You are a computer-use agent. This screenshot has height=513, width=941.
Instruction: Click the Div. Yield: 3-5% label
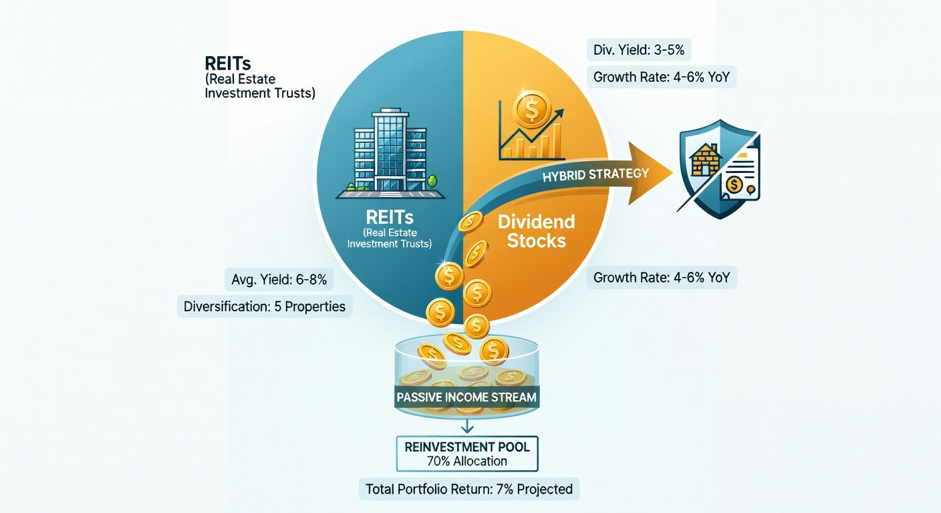point(638,50)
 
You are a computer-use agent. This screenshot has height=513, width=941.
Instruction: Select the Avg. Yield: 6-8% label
point(279,280)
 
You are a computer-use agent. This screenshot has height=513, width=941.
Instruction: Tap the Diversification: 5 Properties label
point(265,307)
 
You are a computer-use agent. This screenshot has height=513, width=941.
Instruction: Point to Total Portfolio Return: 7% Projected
point(469,489)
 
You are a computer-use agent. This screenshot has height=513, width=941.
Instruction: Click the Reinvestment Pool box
point(467,454)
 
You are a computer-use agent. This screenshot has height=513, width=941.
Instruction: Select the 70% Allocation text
point(467,462)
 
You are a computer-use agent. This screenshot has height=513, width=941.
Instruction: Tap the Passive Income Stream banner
point(466,397)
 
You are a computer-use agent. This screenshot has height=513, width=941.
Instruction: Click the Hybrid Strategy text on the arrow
point(595,174)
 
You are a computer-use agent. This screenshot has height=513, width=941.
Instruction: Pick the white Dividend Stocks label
point(537,231)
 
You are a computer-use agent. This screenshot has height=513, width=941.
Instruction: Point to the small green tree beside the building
point(432,183)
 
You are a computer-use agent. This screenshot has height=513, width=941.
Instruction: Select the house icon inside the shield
point(706,160)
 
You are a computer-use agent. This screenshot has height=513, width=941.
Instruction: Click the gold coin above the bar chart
point(532,109)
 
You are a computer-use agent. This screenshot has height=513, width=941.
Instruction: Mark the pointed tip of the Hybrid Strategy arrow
point(672,172)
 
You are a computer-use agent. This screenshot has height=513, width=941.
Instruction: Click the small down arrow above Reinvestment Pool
point(467,427)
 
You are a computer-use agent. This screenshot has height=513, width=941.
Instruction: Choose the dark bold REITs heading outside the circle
point(228,64)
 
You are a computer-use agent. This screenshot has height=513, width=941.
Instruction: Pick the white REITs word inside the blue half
point(390,218)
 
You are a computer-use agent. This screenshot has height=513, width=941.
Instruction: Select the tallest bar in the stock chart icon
point(557,140)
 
